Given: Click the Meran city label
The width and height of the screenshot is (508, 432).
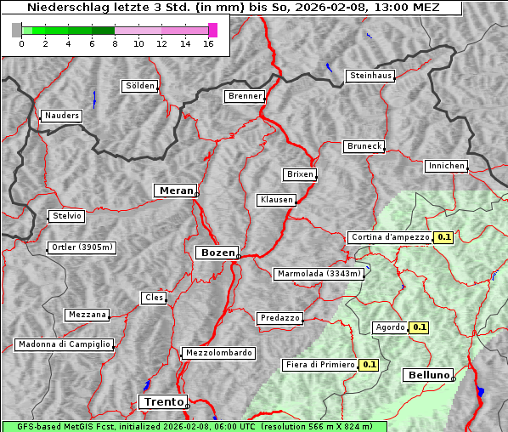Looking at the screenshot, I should point(177,190).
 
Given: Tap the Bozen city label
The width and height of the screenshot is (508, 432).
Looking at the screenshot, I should point(216,253).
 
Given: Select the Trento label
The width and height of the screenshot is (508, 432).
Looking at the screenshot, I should point(162,401).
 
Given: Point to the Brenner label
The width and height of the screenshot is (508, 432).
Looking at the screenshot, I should point(245,96).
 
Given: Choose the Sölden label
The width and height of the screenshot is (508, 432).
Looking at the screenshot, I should point(140,86).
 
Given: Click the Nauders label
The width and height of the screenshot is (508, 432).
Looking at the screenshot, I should point(62,116).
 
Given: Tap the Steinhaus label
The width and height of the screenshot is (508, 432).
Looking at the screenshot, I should point(371,76).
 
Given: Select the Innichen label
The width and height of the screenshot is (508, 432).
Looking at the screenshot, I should point(446,166).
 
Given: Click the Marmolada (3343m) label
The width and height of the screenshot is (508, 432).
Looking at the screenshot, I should point(319,274).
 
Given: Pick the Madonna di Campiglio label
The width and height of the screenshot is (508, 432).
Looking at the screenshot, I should point(64,344).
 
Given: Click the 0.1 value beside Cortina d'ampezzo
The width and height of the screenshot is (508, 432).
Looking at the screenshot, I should point(443,237).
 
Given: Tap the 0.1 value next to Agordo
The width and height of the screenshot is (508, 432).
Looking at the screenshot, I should point(420,327).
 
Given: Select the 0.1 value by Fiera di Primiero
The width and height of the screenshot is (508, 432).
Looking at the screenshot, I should point(369,365).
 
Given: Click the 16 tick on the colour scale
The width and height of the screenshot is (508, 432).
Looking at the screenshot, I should point(208,43).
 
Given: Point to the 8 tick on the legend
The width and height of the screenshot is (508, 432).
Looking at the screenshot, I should point(115,43).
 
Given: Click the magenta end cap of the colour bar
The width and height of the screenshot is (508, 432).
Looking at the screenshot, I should point(212,30).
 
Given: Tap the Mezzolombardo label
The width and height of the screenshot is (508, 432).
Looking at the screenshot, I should point(217,352).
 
